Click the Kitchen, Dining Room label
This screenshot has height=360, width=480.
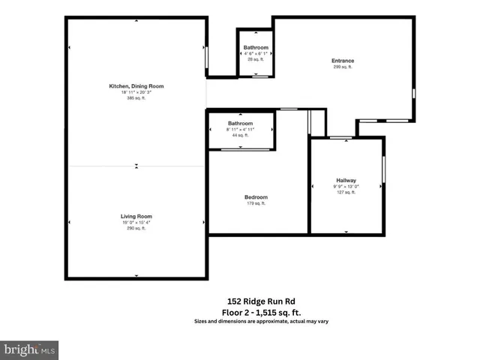136,86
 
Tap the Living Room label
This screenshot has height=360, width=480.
136,216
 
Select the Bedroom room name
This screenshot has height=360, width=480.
256,198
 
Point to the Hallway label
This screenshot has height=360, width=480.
346,180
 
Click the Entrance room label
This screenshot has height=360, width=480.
343,61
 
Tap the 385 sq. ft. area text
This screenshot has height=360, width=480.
136,98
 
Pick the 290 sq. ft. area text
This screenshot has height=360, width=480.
136,228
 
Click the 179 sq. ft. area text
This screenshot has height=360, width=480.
256,204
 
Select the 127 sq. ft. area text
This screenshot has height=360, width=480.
346,192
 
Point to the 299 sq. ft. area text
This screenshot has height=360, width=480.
343,67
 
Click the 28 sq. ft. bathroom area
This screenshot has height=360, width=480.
256,58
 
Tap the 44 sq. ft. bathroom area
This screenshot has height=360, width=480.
241,135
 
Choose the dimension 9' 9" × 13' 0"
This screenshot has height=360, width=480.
346,186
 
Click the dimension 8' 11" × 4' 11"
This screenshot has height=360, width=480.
241,129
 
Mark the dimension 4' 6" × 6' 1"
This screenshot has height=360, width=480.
256,53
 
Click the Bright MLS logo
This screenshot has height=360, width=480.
30,349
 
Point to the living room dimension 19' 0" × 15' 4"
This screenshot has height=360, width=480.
136,222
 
